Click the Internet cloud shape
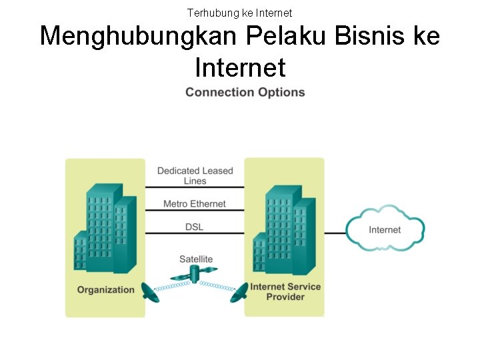tap(385, 229)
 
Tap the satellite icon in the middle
tap(195, 274)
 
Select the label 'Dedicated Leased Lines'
tap(195, 175)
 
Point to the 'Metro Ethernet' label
tap(195, 204)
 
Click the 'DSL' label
tap(195, 227)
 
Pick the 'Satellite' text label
tap(196, 259)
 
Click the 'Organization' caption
tap(105, 289)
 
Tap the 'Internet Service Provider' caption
tap(285, 291)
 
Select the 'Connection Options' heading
tap(245, 92)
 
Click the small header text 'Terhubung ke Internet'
tap(239, 13)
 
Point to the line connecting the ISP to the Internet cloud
tap(335, 233)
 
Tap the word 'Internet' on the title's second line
tap(240, 67)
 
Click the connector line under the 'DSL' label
tap(195, 233)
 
